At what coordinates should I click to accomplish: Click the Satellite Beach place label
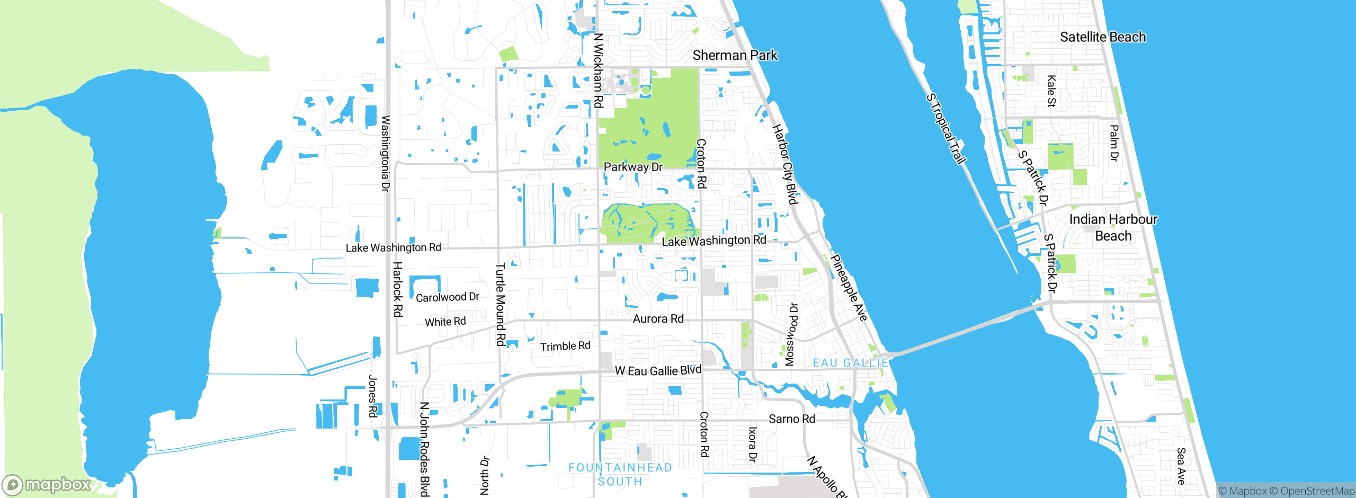[x=1102, y=37]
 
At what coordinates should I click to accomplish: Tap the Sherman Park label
[x=735, y=55]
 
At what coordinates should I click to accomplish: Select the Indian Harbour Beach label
[x=1113, y=227]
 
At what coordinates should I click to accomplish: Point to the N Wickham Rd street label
[x=599, y=70]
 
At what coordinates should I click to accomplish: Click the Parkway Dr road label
[x=633, y=167]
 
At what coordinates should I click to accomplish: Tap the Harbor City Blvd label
[x=784, y=164]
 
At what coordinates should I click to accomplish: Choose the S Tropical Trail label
[x=946, y=129]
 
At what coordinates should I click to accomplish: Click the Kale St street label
[x=1051, y=91]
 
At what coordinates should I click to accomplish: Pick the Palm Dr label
[x=1114, y=143]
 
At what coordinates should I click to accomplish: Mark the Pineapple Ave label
[x=849, y=288]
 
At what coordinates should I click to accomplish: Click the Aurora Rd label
[x=658, y=319]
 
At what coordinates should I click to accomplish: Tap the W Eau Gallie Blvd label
[x=658, y=370]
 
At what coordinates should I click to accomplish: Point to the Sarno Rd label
[x=791, y=419]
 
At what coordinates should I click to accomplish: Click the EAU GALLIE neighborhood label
[x=850, y=363]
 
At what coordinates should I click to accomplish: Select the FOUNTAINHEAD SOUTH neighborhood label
[x=620, y=475]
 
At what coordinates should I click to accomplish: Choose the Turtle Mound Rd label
[x=500, y=305]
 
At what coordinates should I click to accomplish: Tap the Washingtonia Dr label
[x=386, y=154]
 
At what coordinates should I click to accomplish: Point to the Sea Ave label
[x=1181, y=466]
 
